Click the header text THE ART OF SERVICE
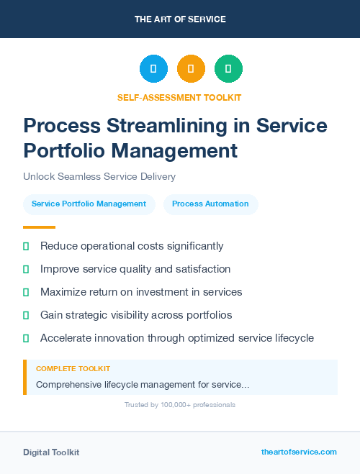click(180, 19)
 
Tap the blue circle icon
click(153, 68)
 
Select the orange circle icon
click(191, 68)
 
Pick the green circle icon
click(228, 68)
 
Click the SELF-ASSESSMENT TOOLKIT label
click(179, 97)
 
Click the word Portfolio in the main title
click(60, 151)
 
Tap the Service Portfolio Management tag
click(89, 204)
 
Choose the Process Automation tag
click(210, 204)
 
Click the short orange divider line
click(39, 227)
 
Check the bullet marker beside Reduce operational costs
click(26, 247)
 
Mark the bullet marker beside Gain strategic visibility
click(26, 315)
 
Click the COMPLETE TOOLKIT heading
click(73, 368)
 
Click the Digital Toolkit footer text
click(51, 452)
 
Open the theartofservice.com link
click(299, 452)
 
